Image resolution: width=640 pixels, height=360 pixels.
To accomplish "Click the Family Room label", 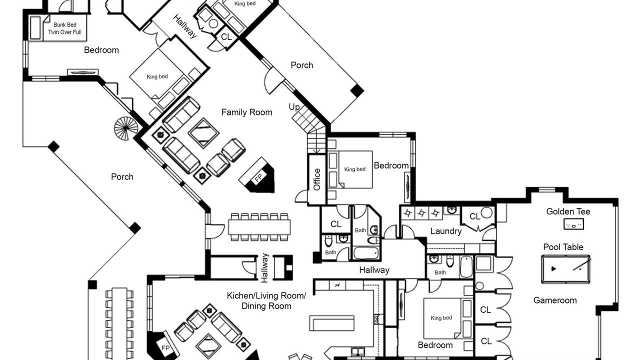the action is [x=246, y=112].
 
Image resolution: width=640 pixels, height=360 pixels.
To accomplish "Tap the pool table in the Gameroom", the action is [x=565, y=269].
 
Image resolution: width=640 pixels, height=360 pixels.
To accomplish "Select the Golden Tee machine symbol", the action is [x=573, y=224].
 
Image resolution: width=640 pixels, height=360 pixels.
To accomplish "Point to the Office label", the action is [x=317, y=179].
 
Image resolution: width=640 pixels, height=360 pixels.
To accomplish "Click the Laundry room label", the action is [x=446, y=231].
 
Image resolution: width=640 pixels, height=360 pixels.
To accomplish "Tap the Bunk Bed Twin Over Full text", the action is [x=65, y=28].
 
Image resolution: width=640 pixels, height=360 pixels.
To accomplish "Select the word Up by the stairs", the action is [x=294, y=107].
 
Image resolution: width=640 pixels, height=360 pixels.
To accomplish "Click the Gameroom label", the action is [x=555, y=300].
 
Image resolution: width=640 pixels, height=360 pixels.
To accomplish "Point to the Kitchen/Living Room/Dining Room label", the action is [x=266, y=301].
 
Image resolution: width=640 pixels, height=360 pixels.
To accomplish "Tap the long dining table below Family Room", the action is [x=259, y=227].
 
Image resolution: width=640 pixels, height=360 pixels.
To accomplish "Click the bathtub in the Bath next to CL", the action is [x=366, y=253].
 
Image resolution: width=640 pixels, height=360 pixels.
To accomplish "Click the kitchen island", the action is [x=332, y=323].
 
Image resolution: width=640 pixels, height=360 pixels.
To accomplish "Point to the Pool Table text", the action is [x=563, y=247].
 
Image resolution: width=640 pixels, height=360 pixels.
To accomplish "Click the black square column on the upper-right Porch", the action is [x=357, y=91].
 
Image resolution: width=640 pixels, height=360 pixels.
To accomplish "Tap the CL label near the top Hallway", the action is [x=226, y=37].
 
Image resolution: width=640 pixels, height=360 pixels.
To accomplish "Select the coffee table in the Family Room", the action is [x=203, y=133].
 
